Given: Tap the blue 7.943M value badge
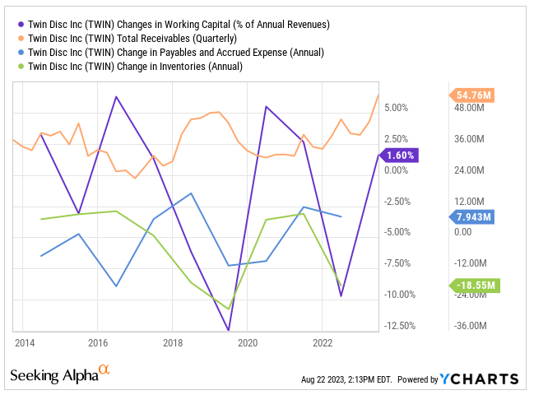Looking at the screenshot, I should [472, 217].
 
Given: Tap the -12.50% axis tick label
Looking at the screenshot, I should [400, 325].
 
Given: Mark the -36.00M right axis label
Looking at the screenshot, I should [470, 325].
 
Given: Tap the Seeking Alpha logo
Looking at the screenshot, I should [60, 376].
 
